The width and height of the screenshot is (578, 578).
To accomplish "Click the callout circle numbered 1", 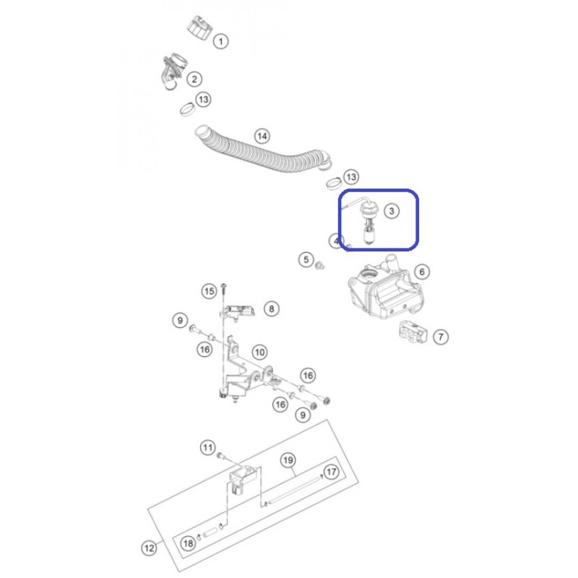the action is click(x=221, y=41).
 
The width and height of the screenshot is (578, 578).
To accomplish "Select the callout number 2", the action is click(x=194, y=79).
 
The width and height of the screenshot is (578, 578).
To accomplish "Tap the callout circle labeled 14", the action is click(x=262, y=136).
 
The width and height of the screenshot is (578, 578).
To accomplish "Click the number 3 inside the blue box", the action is click(x=392, y=211).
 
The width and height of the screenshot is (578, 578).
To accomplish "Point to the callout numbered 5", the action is click(x=306, y=259).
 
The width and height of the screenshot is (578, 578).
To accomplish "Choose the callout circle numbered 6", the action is click(x=422, y=272).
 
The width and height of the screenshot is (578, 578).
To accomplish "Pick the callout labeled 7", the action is click(x=441, y=337).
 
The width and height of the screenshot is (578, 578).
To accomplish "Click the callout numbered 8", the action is click(x=272, y=309).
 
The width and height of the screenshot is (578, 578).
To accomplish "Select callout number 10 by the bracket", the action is click(x=259, y=352).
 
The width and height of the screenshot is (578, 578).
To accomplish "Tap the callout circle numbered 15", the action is click(x=210, y=291).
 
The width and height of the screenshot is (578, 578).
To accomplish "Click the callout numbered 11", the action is click(x=207, y=448).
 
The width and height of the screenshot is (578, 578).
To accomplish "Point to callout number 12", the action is click(x=150, y=548).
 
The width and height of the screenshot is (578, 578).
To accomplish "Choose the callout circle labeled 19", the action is click(x=288, y=460).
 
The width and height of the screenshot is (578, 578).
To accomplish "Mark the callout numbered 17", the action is click(x=332, y=472).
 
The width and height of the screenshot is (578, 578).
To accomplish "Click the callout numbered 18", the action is click(x=188, y=543).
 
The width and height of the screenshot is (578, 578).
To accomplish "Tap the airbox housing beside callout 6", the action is click(x=385, y=291).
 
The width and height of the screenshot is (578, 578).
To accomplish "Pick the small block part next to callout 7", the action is click(x=413, y=332).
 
